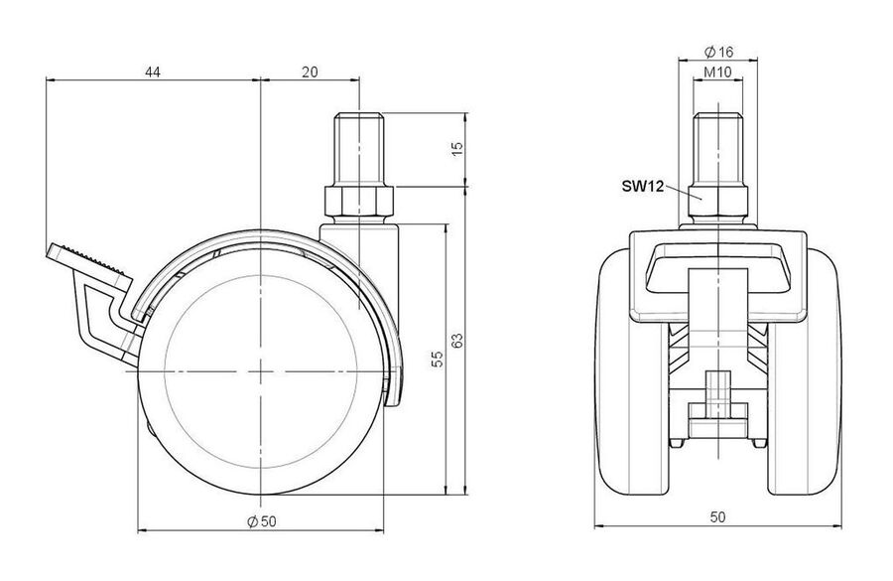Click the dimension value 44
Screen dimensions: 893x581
point(152,72)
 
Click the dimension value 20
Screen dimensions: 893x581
point(310,72)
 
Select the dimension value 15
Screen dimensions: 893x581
point(457,148)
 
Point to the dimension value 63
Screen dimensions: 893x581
point(457,341)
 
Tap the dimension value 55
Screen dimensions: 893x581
point(437,359)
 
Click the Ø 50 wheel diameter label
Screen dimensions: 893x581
point(262,520)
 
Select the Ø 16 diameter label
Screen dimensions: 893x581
point(718,53)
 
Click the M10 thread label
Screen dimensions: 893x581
point(717,73)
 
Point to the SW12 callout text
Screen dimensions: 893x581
point(643,187)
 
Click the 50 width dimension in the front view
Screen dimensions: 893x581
point(718,516)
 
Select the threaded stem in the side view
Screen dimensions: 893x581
point(360,148)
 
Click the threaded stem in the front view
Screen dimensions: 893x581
point(718,148)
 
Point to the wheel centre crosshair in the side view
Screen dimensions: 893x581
point(260,371)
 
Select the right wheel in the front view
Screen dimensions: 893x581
point(805,370)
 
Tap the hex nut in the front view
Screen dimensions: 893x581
point(718,201)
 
